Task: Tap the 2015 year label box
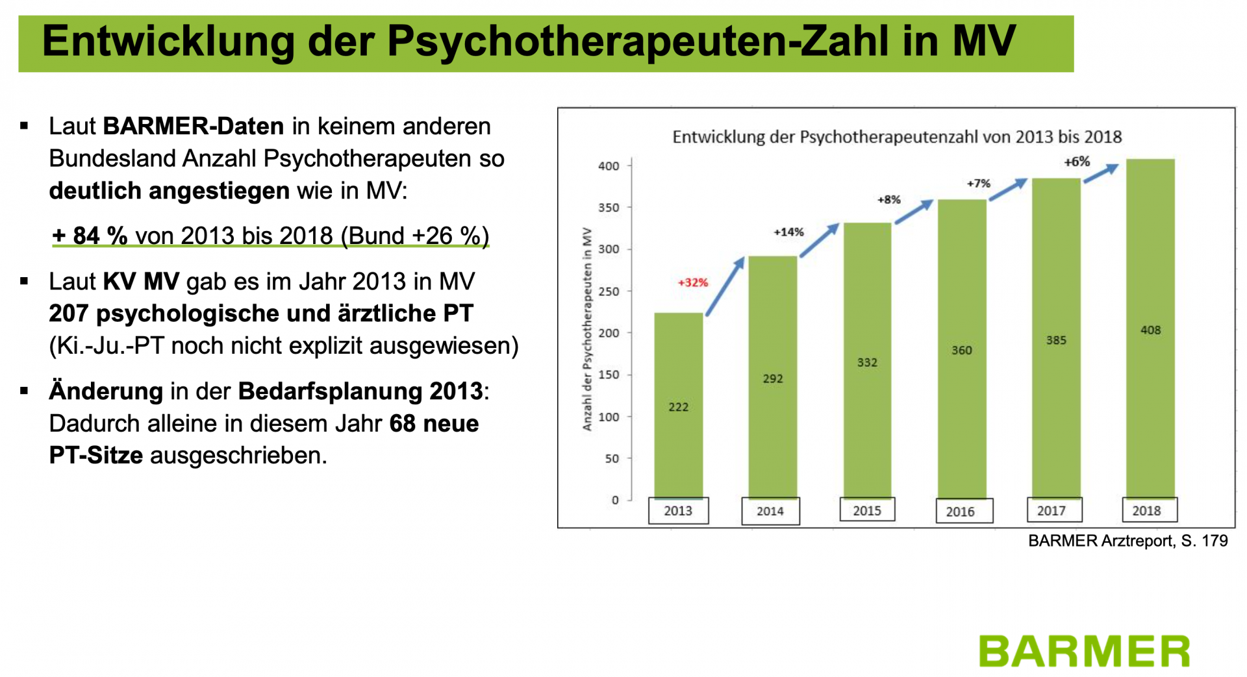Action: tap(866, 510)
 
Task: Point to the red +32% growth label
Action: tap(693, 282)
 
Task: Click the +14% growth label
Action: tap(788, 232)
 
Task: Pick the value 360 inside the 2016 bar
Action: tap(961, 351)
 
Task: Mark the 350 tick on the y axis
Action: tap(609, 208)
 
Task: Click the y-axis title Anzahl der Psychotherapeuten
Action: tap(587, 328)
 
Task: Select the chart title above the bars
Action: tap(896, 137)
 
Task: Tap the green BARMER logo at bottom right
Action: tap(1084, 651)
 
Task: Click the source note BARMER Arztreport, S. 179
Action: tap(1127, 541)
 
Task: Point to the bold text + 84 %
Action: tap(90, 236)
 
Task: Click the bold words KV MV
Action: tap(141, 282)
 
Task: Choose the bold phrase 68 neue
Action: tap(434, 423)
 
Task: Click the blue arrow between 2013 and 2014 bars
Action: tap(725, 286)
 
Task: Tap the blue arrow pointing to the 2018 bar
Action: tap(1101, 173)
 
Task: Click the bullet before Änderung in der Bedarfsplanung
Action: tap(25, 391)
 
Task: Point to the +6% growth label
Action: tap(1077, 162)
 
